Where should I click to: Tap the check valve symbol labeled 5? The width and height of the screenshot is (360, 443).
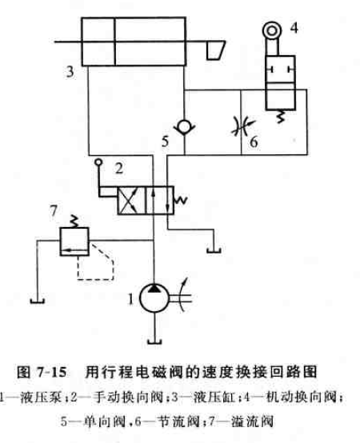(x=184, y=127)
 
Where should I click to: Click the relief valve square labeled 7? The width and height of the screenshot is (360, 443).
(x=74, y=241)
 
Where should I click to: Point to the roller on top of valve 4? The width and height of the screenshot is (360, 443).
(x=272, y=30)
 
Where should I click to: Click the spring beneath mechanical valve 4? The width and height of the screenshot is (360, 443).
(x=280, y=117)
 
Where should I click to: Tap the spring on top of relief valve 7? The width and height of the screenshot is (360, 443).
(x=74, y=221)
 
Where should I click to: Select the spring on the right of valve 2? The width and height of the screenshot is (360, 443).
(x=181, y=201)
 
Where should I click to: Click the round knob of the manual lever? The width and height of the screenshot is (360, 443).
(x=98, y=162)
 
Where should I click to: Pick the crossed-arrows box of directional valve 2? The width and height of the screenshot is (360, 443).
(x=131, y=201)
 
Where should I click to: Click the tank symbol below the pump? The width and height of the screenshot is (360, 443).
(x=154, y=342)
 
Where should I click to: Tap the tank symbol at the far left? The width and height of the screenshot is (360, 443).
(x=38, y=301)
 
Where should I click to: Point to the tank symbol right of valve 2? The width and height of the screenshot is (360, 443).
(x=214, y=250)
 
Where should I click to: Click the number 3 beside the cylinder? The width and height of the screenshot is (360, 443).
(x=70, y=72)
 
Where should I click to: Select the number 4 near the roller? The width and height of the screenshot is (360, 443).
(x=294, y=28)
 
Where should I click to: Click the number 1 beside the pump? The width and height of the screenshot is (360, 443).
(x=130, y=299)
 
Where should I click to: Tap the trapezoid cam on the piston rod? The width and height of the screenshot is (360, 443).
(x=216, y=50)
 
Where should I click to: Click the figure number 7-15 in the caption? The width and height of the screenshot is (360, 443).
(x=51, y=372)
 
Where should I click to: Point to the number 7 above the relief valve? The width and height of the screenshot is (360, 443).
(x=54, y=210)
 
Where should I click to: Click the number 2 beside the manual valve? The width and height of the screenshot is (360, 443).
(x=119, y=169)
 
